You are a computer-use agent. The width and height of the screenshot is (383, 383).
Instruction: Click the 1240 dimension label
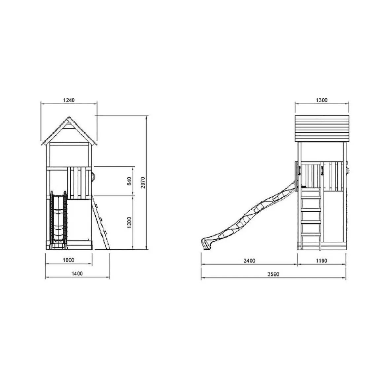point(69,100)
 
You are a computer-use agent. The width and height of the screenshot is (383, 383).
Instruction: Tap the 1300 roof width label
point(322,100)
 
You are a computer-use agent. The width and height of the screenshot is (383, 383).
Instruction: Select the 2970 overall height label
point(143,183)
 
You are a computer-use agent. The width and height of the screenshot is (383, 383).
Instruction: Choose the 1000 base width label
point(68,260)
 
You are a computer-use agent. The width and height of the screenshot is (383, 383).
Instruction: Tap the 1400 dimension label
point(77,274)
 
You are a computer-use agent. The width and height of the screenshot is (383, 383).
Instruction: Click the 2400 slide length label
point(249,261)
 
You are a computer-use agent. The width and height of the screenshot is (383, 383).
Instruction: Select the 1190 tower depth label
point(322,261)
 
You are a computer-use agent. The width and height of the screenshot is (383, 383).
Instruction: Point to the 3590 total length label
point(273,274)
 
